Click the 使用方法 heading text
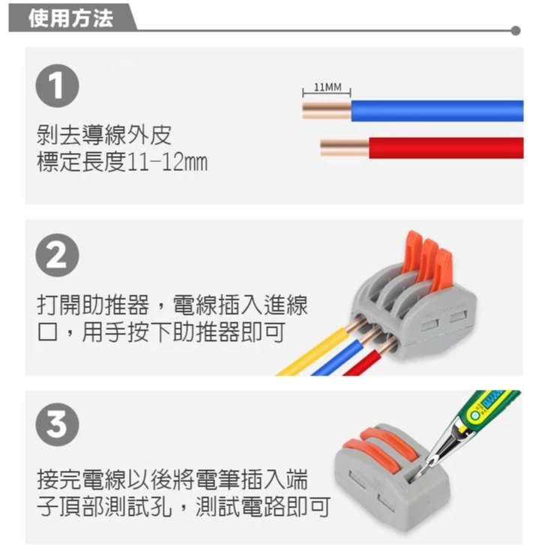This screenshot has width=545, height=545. pyautogui.click(x=71, y=18)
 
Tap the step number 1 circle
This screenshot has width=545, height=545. pyautogui.click(x=58, y=85)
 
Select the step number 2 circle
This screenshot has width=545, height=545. pyautogui.click(x=58, y=255)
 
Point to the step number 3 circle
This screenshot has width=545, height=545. pyautogui.click(x=58, y=424)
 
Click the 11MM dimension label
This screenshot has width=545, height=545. pyautogui.click(x=328, y=87)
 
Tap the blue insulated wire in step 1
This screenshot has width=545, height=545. pyautogui.click(x=437, y=111)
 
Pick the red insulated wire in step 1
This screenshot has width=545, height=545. pyautogui.click(x=446, y=148)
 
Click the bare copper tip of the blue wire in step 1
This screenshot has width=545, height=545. pyautogui.click(x=327, y=111)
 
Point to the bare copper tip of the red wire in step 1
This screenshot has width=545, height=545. pyautogui.click(x=344, y=148)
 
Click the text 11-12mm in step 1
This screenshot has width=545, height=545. pyautogui.click(x=167, y=163)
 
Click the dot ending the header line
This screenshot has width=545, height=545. pyautogui.click(x=516, y=31)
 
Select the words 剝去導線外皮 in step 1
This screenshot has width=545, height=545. pyautogui.click(x=104, y=134)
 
